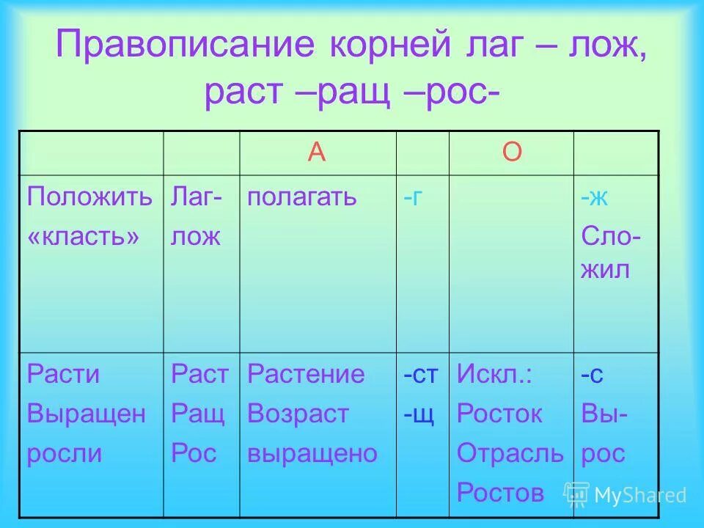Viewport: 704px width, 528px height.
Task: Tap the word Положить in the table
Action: [x=90, y=197]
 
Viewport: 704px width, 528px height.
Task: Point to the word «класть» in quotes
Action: [x=83, y=236]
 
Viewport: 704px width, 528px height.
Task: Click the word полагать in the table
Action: [x=302, y=197]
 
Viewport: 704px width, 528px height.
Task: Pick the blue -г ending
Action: [x=412, y=197]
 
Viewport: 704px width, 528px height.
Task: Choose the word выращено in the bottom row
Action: [x=312, y=453]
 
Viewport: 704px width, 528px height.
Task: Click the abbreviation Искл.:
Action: [x=495, y=374]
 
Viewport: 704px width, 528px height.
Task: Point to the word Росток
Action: [x=499, y=414]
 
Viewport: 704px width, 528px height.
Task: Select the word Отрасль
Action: [x=510, y=453]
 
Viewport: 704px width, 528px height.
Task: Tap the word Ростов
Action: [x=501, y=492]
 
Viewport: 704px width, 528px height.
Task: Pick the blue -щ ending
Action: [x=419, y=414]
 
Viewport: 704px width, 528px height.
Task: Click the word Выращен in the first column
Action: [x=87, y=414]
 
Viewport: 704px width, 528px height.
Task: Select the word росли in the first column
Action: [x=65, y=453]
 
